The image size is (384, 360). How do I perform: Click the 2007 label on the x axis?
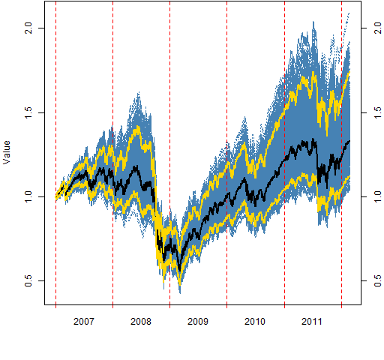(84, 321)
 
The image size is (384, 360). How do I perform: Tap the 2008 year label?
(141, 321)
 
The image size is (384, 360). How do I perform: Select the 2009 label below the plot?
(198, 321)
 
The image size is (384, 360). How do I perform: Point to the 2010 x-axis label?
(255, 321)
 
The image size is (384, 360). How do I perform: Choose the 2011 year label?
(312, 321)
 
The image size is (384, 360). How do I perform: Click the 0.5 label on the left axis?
(28, 281)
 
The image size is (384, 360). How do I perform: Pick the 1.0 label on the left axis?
(28, 197)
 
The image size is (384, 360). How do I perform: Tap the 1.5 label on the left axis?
(28, 112)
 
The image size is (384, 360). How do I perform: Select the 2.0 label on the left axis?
(28, 28)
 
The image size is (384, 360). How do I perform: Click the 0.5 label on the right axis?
(378, 281)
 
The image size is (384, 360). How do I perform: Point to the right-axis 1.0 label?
(378, 197)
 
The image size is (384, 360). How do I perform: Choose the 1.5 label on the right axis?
(378, 112)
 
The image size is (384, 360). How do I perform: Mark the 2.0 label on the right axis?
(378, 28)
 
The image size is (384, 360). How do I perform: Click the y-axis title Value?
(7, 152)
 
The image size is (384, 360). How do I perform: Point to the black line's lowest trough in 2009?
(179, 271)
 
